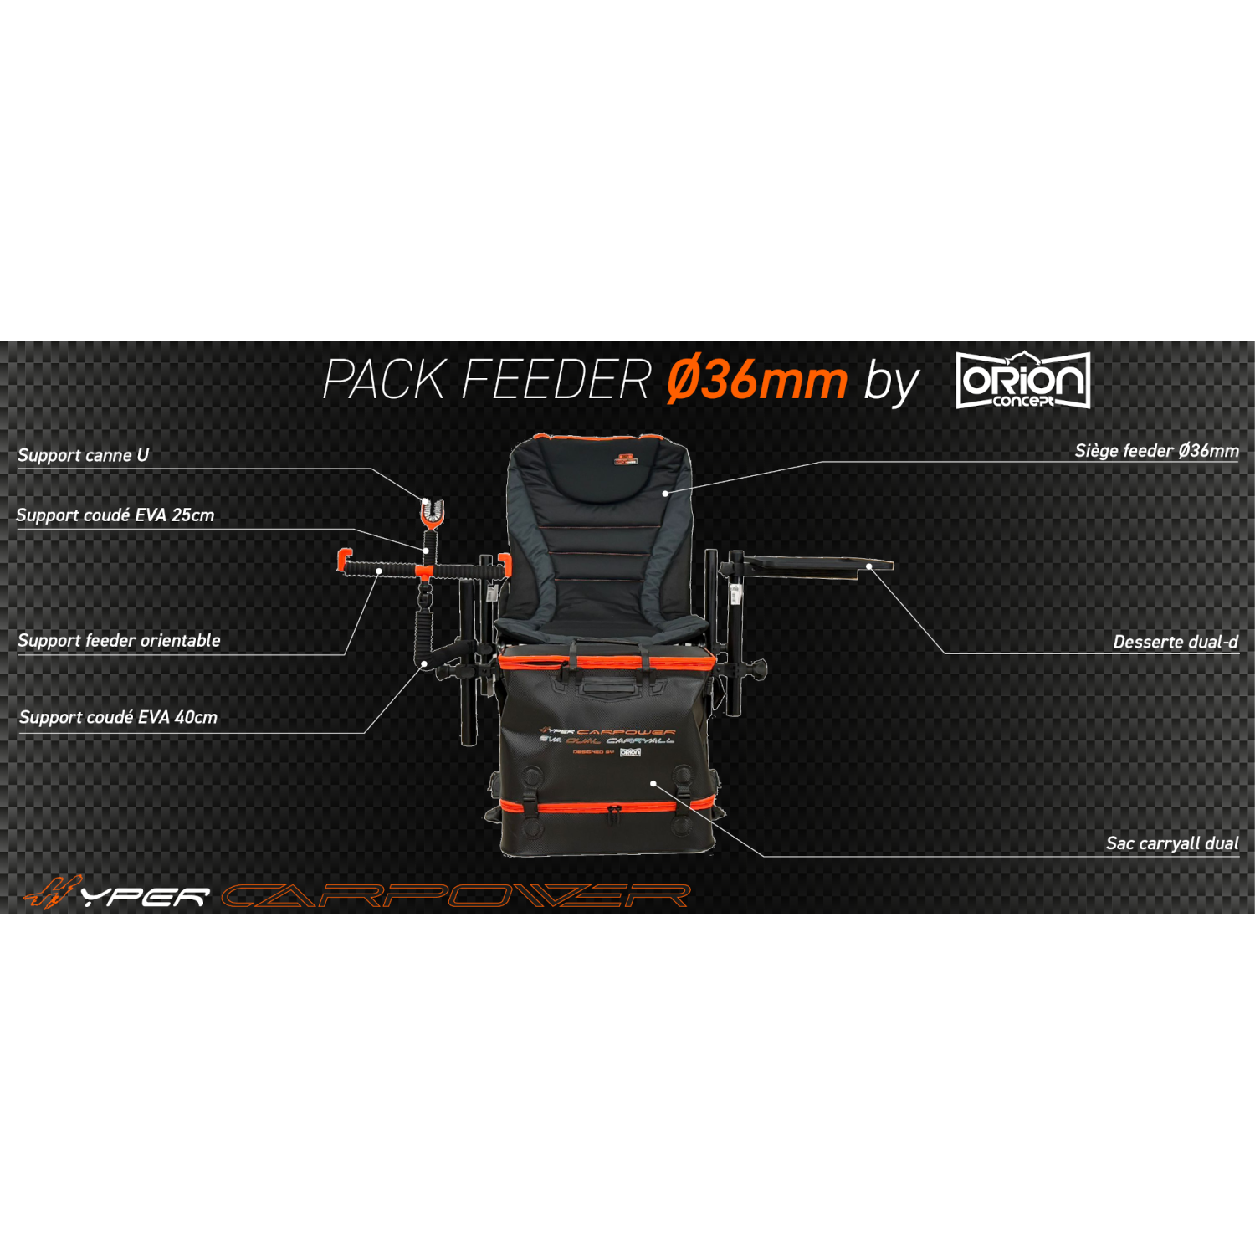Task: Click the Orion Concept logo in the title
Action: (x=1022, y=381)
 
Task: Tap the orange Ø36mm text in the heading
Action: (x=756, y=381)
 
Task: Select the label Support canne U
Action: (x=83, y=455)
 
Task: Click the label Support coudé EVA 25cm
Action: (x=115, y=515)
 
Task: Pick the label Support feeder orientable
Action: (x=119, y=641)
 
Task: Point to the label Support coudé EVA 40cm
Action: (x=118, y=717)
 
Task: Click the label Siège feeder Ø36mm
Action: (x=1156, y=451)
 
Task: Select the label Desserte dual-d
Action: (x=1175, y=642)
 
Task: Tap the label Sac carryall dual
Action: (x=1171, y=843)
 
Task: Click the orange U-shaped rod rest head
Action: (x=433, y=512)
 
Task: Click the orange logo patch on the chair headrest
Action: (x=626, y=458)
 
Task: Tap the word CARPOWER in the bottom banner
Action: (x=456, y=896)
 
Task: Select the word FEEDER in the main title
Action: (x=556, y=381)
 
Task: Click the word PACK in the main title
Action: (x=384, y=381)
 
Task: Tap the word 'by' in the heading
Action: (x=891, y=383)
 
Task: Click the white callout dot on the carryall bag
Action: (x=653, y=784)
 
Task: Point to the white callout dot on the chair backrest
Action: (x=665, y=494)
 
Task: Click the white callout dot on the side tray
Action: (x=869, y=566)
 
